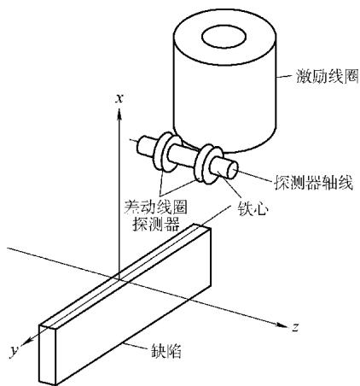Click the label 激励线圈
click(x=327, y=76)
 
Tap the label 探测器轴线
click(x=313, y=182)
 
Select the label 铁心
click(x=253, y=209)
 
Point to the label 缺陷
click(x=166, y=350)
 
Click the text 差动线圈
click(x=156, y=207)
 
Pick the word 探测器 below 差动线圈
click(x=156, y=224)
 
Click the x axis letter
click(x=119, y=98)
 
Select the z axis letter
click(x=295, y=327)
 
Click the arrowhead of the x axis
click(x=119, y=114)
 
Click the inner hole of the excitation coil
click(x=224, y=37)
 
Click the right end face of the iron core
click(x=232, y=170)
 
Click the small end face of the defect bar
click(x=48, y=355)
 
